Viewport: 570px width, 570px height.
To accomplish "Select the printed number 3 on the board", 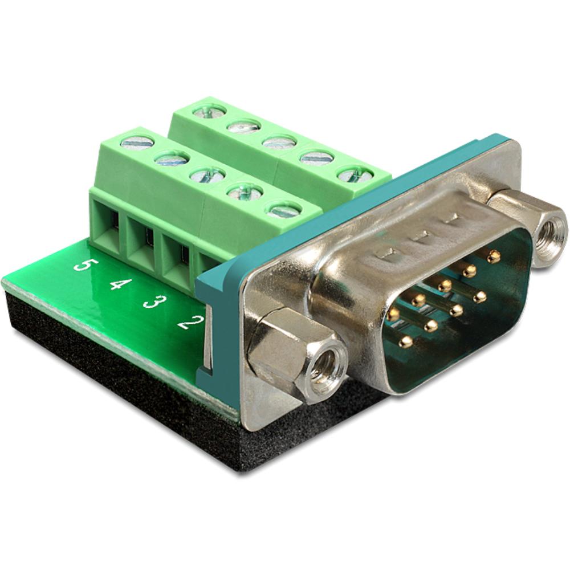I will coord(151,300).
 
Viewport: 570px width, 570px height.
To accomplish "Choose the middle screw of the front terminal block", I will coord(207,173).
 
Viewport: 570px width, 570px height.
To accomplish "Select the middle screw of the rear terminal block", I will coord(279,142).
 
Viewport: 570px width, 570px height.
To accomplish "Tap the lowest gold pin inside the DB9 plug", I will coord(405,341).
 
